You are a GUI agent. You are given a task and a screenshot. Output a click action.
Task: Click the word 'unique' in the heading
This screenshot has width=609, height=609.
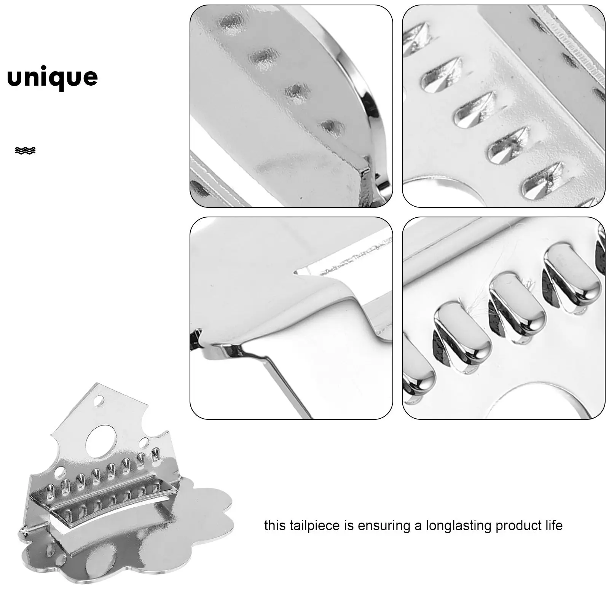[x=53, y=78]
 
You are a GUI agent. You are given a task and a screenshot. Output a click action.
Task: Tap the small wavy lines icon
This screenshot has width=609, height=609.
[x=25, y=151]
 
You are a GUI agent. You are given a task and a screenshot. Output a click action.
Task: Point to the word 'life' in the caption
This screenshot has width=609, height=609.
[x=554, y=526]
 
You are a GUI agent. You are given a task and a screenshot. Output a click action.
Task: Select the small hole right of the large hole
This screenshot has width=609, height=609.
[x=144, y=443]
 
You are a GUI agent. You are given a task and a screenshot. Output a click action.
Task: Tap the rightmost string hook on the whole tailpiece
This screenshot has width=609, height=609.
[x=155, y=456]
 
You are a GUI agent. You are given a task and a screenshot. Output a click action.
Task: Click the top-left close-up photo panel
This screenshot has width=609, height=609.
[x=291, y=106]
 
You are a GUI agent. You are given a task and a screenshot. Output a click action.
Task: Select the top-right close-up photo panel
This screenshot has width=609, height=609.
[x=504, y=106]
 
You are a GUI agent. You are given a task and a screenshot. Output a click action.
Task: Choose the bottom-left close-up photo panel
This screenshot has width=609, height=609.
[x=291, y=318]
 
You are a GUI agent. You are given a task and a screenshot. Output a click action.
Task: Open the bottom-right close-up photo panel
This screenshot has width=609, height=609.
[x=504, y=318]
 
